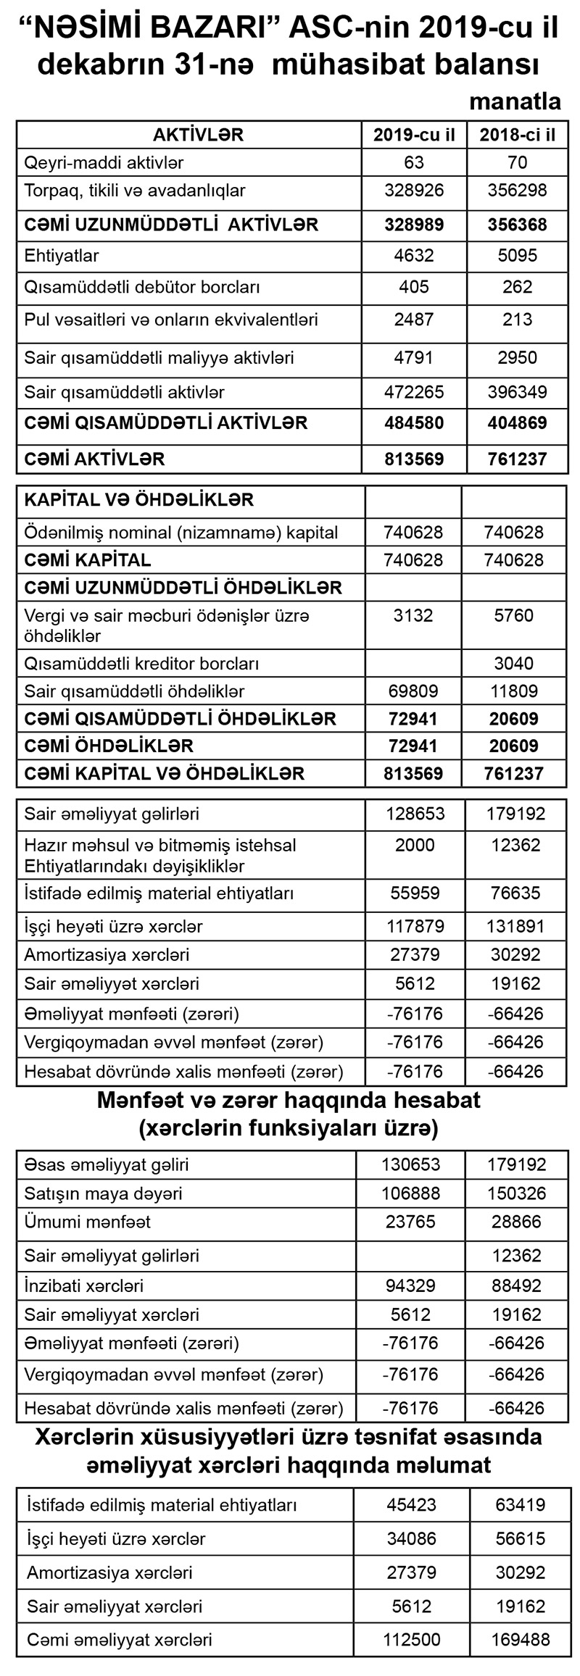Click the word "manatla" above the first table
pyautogui.click(x=515, y=101)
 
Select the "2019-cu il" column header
pyautogui.click(x=414, y=135)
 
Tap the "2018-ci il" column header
pyautogui.click(x=517, y=135)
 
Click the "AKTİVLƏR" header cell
pyautogui.click(x=198, y=134)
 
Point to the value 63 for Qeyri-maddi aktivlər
pyautogui.click(x=414, y=162)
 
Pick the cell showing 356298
pyautogui.click(x=517, y=191)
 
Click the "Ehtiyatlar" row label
pyautogui.click(x=62, y=256)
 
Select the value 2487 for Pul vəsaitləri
pyautogui.click(x=414, y=320)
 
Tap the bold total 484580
pyautogui.click(x=414, y=422)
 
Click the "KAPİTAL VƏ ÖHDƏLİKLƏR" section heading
pyautogui.click(x=139, y=500)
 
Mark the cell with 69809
pyautogui.click(x=414, y=691)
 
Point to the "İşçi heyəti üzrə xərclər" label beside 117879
pyautogui.click(x=113, y=926)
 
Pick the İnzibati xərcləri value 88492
pyautogui.click(x=516, y=1285)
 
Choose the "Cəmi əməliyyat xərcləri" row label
pyautogui.click(x=120, y=1639)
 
